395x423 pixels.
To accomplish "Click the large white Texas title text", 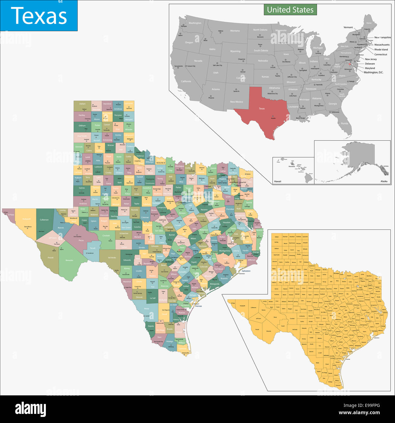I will coord(39,16).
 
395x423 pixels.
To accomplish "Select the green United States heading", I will coord(290,10).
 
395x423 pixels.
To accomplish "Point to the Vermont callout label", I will coord(348,27).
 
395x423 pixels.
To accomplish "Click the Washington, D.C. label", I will coord(373,72).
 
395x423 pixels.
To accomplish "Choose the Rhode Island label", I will coord(381,49).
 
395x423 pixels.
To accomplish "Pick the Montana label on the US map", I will coord(235,31).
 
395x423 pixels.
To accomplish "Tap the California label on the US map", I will coord(186,81).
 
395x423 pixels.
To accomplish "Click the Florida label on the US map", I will coord(344,123).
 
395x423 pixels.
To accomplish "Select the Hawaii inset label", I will coord(277,181).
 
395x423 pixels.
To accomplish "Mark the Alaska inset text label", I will coord(384,181).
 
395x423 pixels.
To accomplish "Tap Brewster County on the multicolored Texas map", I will coord(69,260).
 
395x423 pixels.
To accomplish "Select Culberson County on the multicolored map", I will coord(44,220).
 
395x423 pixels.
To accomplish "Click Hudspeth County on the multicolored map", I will coord(27,219).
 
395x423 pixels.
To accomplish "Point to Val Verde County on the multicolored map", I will coord(112,257).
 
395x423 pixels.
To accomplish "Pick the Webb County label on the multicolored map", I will coord(146,309).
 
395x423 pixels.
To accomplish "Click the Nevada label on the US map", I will coord(198,61).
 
